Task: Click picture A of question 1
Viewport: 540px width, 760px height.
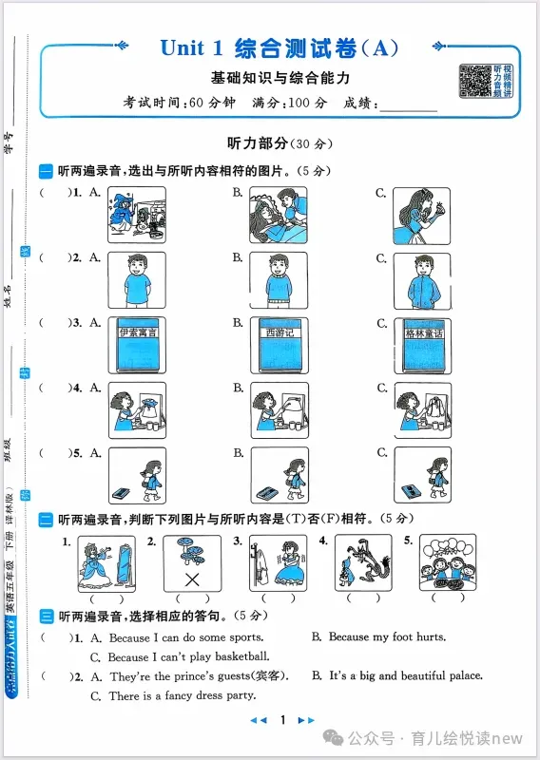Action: coord(137,215)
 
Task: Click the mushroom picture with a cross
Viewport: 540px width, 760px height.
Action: coord(192,562)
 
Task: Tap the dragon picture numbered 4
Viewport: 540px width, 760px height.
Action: coord(362,562)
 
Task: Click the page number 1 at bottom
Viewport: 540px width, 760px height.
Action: coord(282,720)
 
